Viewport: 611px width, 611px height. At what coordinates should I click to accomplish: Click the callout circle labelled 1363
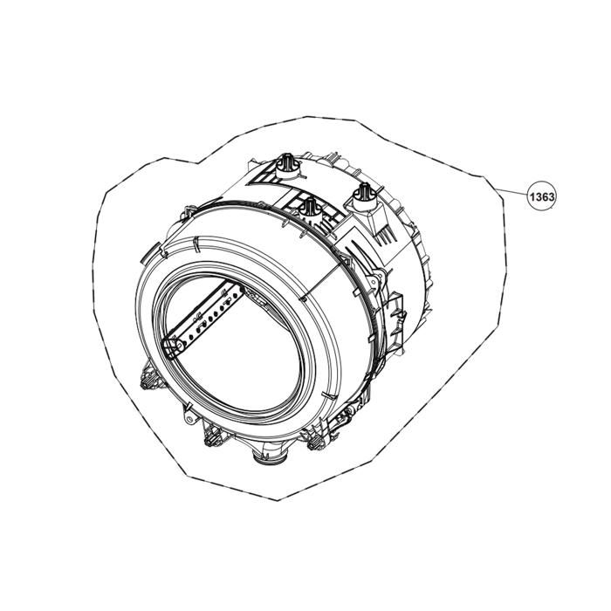tap(542, 198)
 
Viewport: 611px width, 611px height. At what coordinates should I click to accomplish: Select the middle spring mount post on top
tap(307, 208)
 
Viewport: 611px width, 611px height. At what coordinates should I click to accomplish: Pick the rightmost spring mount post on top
tap(361, 193)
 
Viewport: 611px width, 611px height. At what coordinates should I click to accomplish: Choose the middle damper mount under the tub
tap(210, 434)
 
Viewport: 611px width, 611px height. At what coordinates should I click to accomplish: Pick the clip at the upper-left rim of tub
tap(187, 212)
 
